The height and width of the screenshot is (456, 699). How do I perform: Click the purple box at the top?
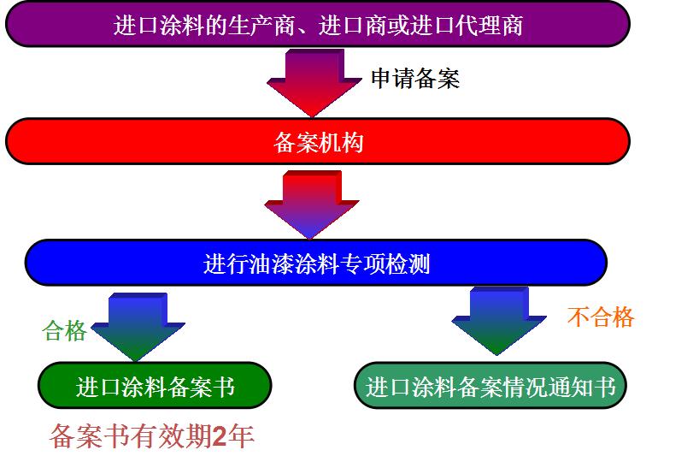(x=317, y=24)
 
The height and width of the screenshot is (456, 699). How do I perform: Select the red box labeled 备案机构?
(x=317, y=141)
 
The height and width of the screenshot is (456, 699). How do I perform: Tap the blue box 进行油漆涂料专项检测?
(x=316, y=263)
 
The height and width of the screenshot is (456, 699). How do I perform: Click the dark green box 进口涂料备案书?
(x=155, y=386)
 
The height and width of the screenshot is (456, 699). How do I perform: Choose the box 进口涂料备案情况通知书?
(x=490, y=386)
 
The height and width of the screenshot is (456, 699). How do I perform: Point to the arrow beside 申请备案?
(x=314, y=82)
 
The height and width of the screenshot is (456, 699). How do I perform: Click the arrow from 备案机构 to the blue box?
(x=312, y=204)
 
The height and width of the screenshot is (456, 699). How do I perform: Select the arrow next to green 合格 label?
(x=138, y=327)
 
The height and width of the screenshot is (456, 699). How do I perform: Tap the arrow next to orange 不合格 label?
(x=499, y=320)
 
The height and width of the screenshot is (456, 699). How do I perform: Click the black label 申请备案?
(x=415, y=79)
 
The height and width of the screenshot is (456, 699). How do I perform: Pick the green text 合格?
(x=65, y=330)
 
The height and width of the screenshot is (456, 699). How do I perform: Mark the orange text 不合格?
(x=601, y=317)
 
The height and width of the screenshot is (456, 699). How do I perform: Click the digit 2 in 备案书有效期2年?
(x=220, y=436)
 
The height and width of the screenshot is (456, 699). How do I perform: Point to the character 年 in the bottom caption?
(x=241, y=436)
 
